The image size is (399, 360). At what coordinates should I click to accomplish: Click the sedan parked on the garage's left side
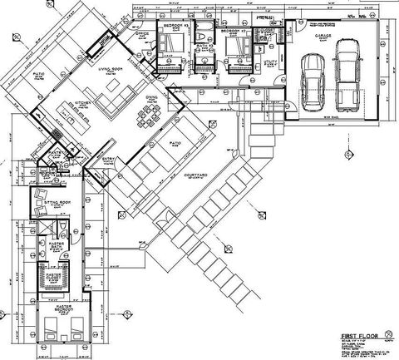pyautogui.click(x=313, y=81)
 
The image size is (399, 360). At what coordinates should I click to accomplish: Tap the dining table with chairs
pyautogui.click(x=150, y=118)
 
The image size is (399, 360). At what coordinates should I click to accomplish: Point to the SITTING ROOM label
pyautogui.click(x=57, y=202)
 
